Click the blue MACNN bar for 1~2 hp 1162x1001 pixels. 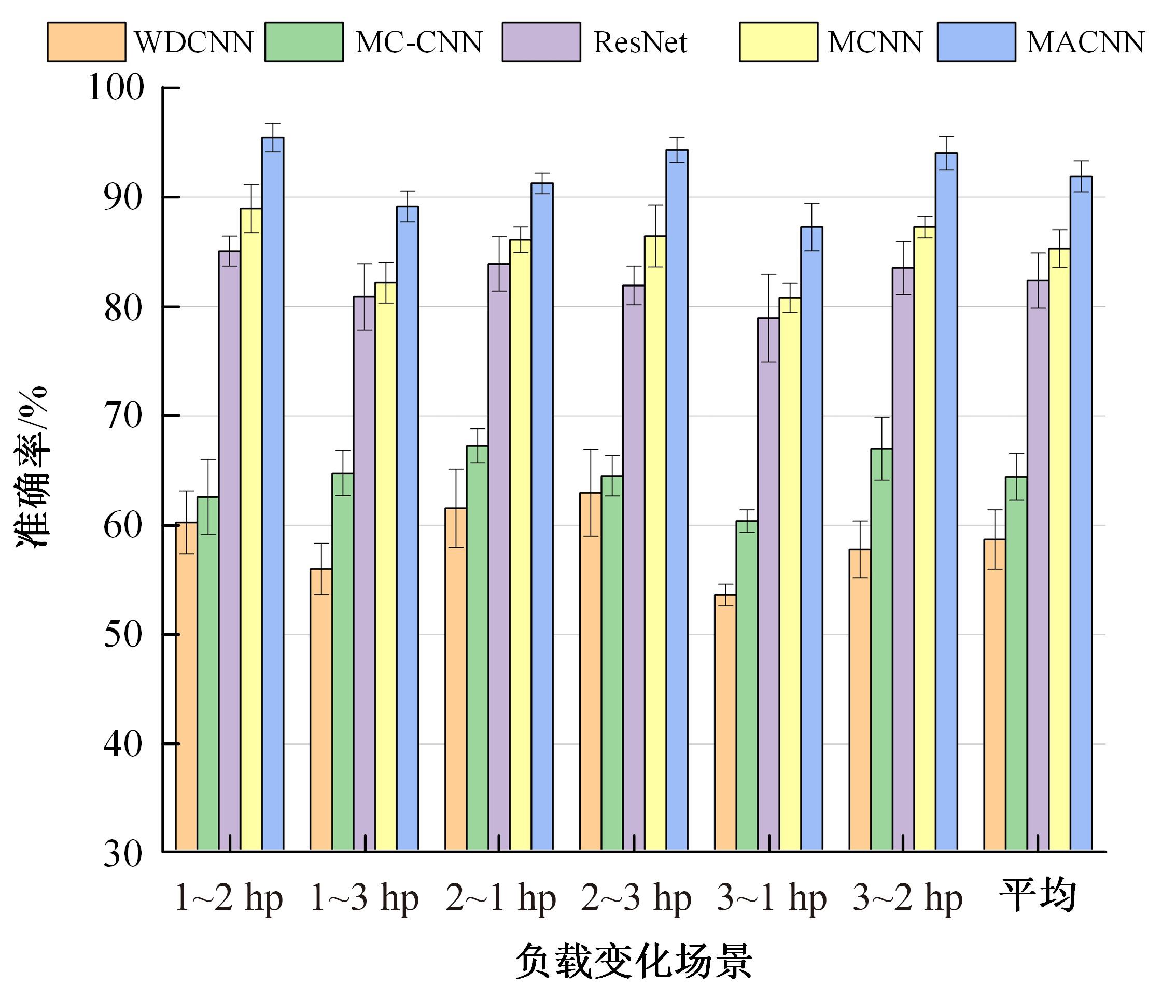[273, 493]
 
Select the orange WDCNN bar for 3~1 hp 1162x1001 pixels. [725, 722]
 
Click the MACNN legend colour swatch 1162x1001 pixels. [976, 41]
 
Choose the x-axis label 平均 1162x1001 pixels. [1038, 896]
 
